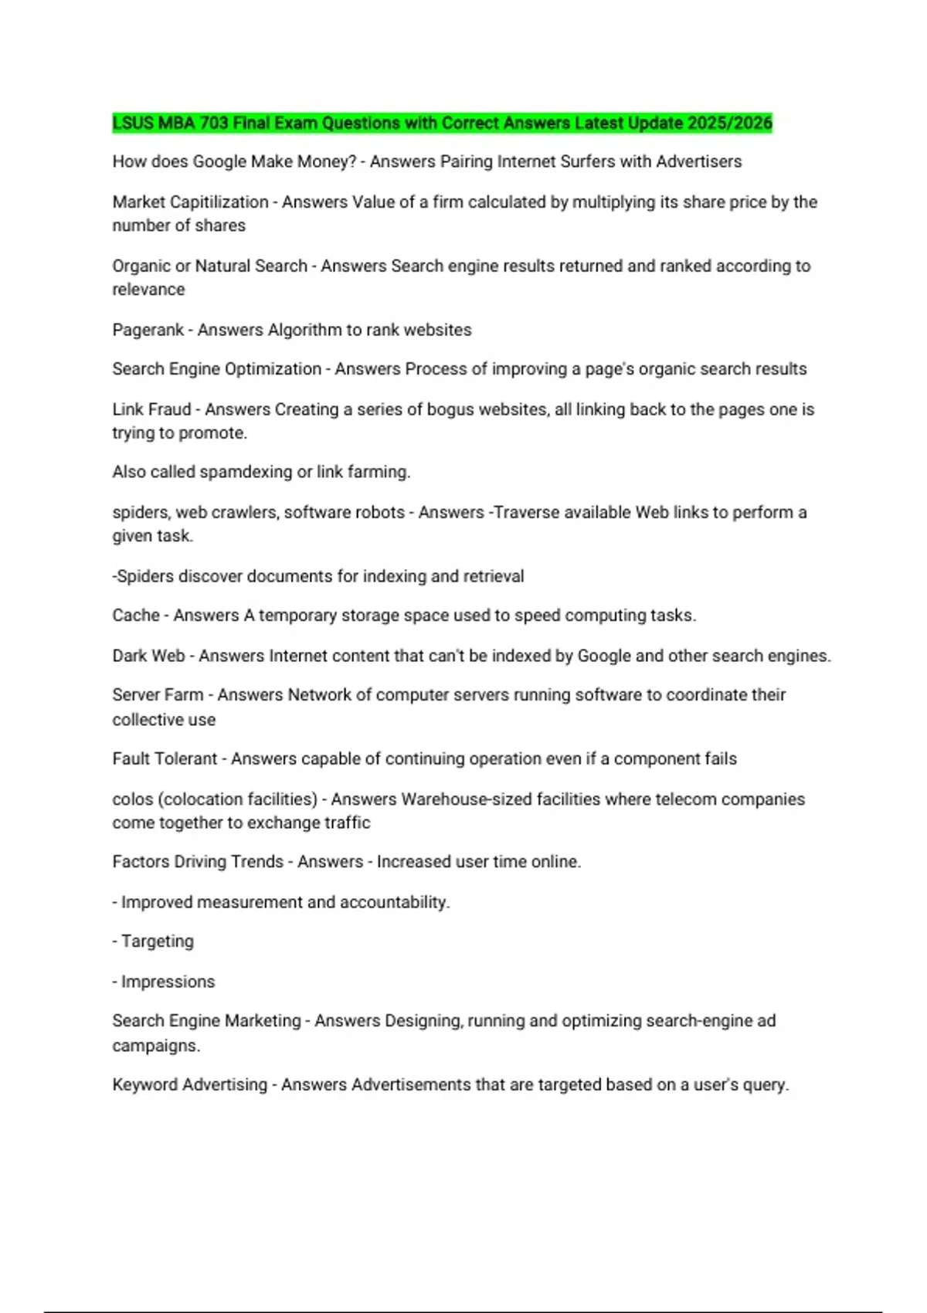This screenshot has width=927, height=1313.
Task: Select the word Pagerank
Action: tap(148, 330)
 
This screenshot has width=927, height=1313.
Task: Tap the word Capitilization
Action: tap(219, 202)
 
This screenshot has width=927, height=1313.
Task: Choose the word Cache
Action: tap(135, 616)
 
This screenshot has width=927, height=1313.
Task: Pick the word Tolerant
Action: tap(187, 759)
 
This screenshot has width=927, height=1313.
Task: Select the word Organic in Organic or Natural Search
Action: tap(141, 266)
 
